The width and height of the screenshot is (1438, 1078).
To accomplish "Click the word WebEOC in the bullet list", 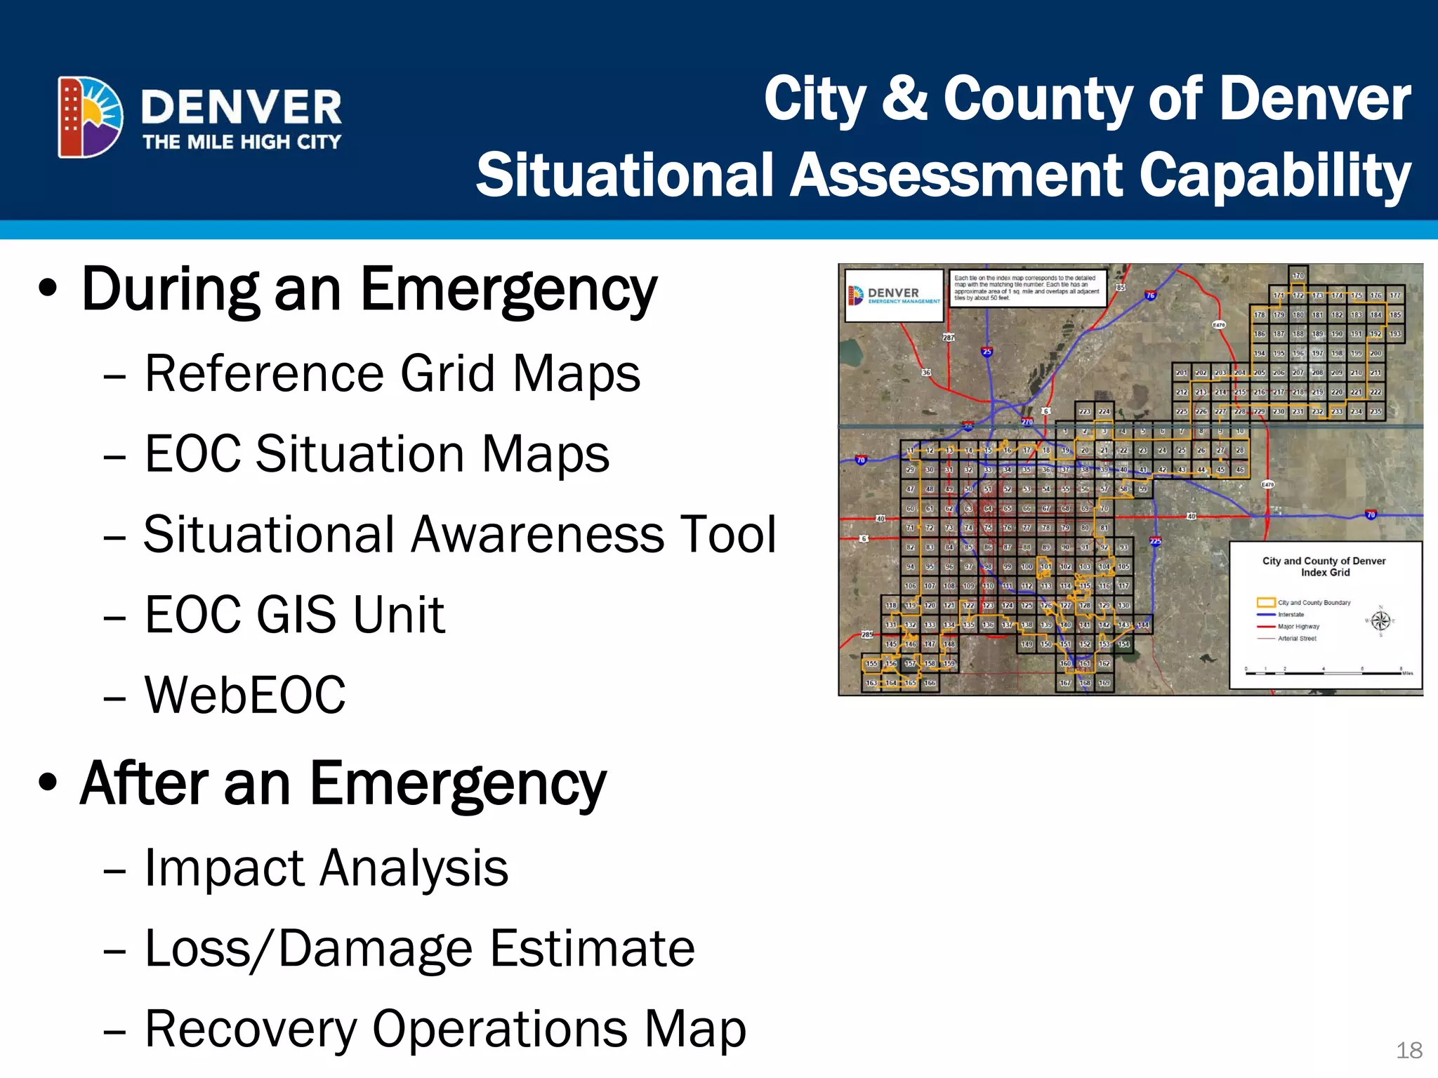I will tap(245, 695).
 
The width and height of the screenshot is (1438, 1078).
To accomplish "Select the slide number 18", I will tap(1409, 1050).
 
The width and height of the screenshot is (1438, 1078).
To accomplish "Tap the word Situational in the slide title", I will tap(625, 175).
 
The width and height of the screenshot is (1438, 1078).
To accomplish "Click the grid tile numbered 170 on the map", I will tap(1298, 276).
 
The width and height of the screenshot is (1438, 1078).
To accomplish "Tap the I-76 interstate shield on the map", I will tap(1150, 295).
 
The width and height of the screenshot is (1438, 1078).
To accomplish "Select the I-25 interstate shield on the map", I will tap(987, 352).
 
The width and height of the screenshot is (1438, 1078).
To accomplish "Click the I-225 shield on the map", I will tap(1155, 541).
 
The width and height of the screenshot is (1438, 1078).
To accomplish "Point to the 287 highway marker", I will tap(949, 338).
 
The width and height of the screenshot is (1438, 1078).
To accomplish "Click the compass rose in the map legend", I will tap(1380, 620).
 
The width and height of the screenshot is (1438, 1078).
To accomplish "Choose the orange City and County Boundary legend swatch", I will tap(1265, 602).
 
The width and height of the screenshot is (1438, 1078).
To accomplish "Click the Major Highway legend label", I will tap(1298, 627).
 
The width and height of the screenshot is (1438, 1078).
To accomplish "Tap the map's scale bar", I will tap(1323, 672).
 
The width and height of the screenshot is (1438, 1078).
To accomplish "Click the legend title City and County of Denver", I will tap(1324, 561).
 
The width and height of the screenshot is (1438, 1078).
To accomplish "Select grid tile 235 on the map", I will tap(1376, 412).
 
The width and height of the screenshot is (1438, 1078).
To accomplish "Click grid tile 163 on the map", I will tap(871, 683).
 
